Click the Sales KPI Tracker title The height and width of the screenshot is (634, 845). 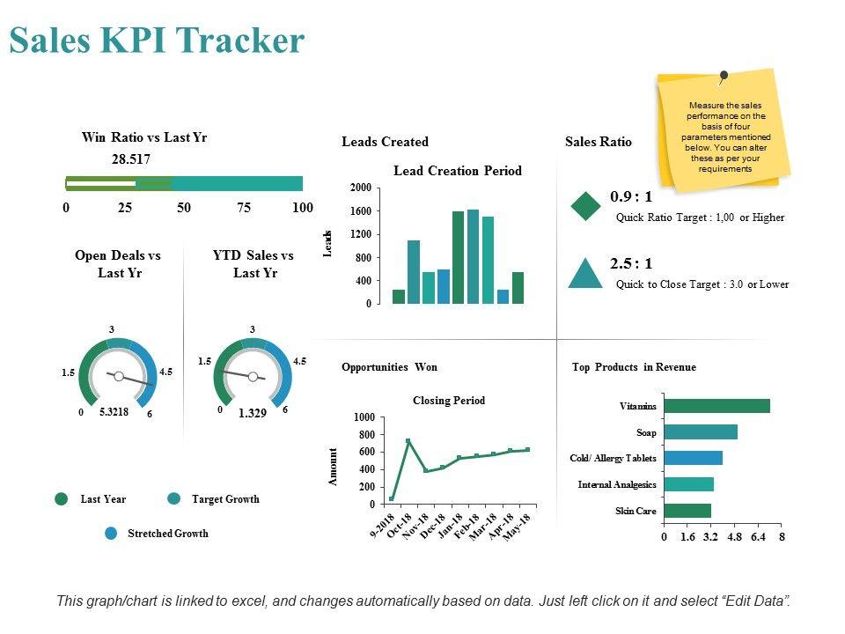pyautogui.click(x=157, y=41)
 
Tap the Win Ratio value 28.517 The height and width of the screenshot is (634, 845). pyautogui.click(x=131, y=159)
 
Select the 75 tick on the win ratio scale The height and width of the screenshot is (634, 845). pyautogui.click(x=244, y=208)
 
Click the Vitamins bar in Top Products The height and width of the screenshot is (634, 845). pyautogui.click(x=716, y=406)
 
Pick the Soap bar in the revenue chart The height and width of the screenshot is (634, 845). pyautogui.click(x=701, y=432)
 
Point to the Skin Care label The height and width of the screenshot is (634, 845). pyautogui.click(x=636, y=511)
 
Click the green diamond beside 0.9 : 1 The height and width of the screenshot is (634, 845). pyautogui.click(x=585, y=205)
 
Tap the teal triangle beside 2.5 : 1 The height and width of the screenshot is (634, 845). pyautogui.click(x=585, y=274)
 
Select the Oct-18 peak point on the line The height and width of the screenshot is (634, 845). pyautogui.click(x=408, y=441)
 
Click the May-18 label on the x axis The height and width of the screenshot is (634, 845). pyautogui.click(x=518, y=527)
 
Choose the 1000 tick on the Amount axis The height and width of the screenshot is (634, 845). pyautogui.click(x=364, y=417)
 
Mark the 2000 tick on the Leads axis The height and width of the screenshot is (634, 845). pyautogui.click(x=360, y=188)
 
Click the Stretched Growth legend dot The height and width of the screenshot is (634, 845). pyautogui.click(x=111, y=533)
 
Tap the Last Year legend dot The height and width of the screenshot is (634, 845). pyautogui.click(x=62, y=499)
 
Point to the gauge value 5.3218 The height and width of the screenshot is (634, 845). pyautogui.click(x=114, y=411)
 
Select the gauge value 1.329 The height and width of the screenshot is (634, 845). pyautogui.click(x=252, y=412)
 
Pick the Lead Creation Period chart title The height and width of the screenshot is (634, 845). pyautogui.click(x=458, y=171)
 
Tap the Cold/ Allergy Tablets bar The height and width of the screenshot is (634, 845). pyautogui.click(x=693, y=458)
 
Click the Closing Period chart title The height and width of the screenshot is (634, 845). pyautogui.click(x=449, y=401)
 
